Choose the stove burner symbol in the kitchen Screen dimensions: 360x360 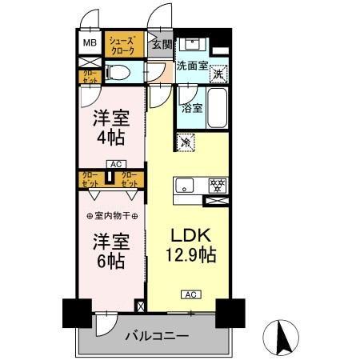(x=214, y=184)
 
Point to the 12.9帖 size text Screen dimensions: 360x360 (x=190, y=256)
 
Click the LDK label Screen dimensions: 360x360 (x=190, y=236)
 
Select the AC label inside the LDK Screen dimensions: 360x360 (x=190, y=294)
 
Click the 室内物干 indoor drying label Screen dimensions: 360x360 (x=112, y=215)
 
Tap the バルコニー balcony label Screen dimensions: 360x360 (x=156, y=337)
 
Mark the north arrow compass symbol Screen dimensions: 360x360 (x=281, y=334)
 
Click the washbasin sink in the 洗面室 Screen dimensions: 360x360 (x=194, y=44)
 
